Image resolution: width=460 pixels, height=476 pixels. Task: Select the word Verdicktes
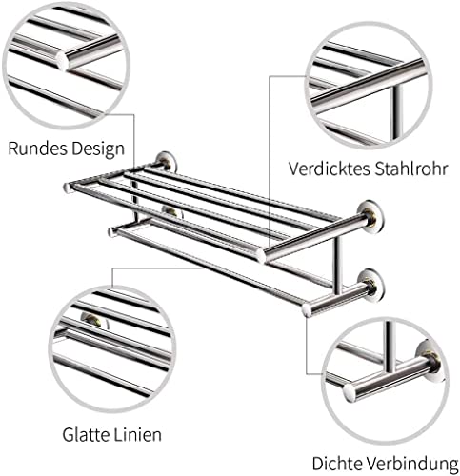[x=330, y=169]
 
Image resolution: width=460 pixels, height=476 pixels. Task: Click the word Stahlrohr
[x=411, y=169]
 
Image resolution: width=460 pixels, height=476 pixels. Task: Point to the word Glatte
[x=84, y=434]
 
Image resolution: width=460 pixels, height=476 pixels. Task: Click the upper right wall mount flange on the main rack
[x=370, y=217]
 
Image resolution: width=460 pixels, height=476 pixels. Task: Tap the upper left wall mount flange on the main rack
[x=167, y=163]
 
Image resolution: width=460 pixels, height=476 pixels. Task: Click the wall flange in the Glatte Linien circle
[x=94, y=321]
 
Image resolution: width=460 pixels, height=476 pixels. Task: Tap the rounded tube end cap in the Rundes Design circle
[x=62, y=60]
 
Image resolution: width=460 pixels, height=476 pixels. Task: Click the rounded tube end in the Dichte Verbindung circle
[x=350, y=393]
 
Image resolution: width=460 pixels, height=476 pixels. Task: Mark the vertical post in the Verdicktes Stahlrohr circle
[x=397, y=111]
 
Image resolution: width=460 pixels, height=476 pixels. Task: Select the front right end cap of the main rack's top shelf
[x=261, y=256]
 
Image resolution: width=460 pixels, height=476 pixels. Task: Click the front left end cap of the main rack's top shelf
[x=68, y=188]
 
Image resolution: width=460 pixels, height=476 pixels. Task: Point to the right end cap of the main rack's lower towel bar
[x=308, y=309]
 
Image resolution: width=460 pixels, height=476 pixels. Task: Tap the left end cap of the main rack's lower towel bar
[x=111, y=232]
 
